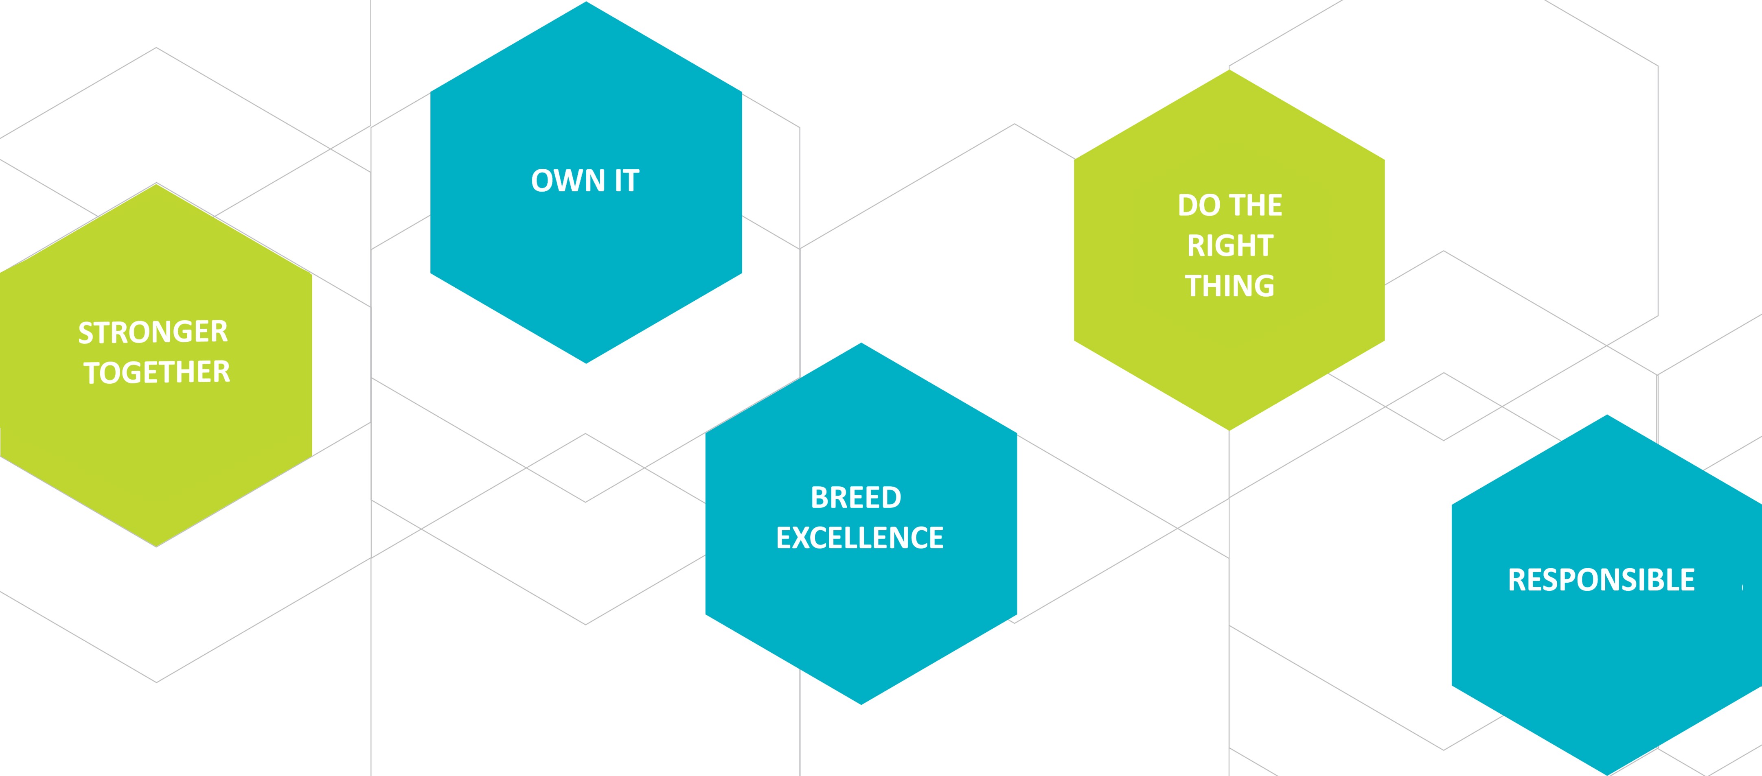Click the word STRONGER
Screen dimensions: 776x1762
153,333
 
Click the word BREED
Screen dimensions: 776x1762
856,498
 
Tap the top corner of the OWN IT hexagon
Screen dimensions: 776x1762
586,3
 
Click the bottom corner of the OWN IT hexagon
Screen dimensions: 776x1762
586,362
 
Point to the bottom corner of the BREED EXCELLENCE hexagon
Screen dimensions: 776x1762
861,703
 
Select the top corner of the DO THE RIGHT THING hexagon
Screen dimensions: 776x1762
1229,72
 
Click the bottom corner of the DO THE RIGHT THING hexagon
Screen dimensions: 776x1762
1229,428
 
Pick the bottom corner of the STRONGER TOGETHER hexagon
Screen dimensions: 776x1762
157,545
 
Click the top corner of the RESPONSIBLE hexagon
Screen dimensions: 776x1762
1607,416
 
